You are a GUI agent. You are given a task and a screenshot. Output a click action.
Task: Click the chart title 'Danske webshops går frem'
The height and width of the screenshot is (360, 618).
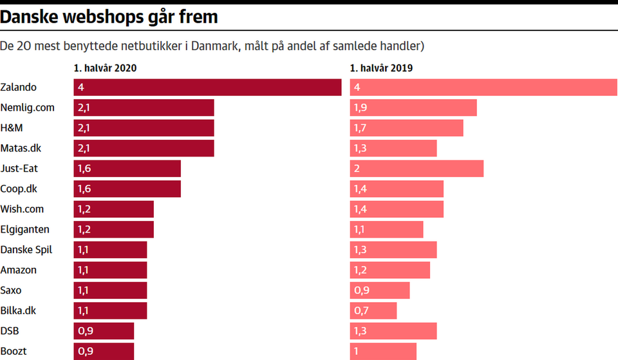click(x=109, y=17)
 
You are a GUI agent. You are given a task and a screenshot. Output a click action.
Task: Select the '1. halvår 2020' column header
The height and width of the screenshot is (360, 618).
click(x=105, y=68)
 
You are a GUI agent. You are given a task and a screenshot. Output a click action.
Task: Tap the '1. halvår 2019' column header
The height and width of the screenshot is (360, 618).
click(x=381, y=68)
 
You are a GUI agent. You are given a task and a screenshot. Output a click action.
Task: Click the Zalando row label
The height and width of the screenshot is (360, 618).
click(x=19, y=87)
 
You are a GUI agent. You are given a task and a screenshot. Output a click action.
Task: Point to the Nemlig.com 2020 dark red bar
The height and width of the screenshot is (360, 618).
click(x=144, y=108)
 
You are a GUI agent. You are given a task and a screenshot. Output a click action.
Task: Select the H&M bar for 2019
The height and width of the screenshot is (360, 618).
click(x=406, y=128)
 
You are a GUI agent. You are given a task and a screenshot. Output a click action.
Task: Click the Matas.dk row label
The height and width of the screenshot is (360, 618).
click(x=21, y=148)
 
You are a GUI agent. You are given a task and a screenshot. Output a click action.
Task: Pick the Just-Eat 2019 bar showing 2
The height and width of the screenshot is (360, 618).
click(x=417, y=169)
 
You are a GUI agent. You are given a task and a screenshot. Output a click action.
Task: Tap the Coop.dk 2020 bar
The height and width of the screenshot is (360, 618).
click(x=127, y=189)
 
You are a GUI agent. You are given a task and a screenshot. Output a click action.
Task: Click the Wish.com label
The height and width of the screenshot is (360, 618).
click(x=22, y=209)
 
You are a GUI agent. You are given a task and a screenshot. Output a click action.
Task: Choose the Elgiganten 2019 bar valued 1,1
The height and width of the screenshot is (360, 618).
click(x=386, y=229)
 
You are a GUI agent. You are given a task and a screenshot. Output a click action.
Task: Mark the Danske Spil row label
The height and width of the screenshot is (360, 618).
click(x=26, y=249)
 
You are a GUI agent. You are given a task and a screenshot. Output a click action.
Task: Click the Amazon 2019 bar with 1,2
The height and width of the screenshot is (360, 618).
click(x=389, y=270)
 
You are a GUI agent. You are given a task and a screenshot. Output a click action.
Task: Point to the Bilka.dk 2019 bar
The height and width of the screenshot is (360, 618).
click(x=373, y=311)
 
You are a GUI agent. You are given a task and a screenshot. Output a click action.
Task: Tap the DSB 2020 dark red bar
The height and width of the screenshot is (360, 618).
click(x=104, y=331)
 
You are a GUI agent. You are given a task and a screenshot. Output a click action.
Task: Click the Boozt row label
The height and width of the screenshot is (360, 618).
click(x=13, y=352)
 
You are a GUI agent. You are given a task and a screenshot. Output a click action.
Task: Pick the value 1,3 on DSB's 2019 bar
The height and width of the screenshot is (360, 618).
click(x=360, y=331)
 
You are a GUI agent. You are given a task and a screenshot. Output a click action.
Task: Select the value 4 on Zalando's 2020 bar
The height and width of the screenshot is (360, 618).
click(x=80, y=87)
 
